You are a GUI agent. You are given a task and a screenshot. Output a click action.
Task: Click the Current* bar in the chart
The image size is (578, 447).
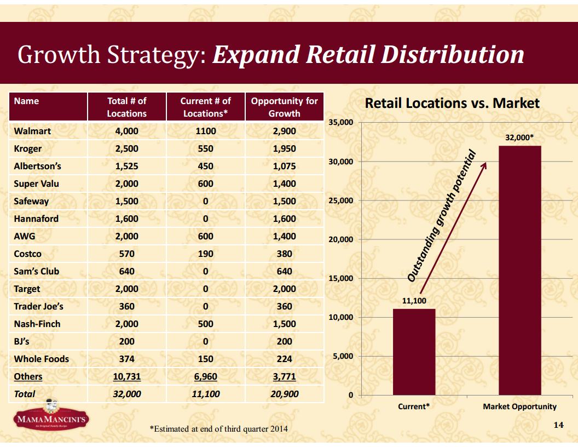414,352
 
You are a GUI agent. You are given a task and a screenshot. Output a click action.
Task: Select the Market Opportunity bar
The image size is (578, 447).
519,270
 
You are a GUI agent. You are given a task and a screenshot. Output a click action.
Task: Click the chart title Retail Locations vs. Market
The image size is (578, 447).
452,103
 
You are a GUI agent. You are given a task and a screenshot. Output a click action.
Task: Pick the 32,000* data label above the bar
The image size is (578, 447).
519,138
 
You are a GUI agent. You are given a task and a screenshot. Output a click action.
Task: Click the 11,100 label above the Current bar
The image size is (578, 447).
414,301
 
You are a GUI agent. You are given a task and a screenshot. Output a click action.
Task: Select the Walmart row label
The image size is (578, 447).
32,131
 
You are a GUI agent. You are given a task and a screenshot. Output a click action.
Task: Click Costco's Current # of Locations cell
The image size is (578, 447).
205,254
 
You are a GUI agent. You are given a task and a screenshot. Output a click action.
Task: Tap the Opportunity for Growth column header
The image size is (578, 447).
284,107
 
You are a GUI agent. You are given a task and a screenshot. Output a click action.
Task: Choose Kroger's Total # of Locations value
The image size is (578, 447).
126,148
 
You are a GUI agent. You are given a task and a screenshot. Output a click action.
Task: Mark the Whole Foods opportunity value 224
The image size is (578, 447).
284,359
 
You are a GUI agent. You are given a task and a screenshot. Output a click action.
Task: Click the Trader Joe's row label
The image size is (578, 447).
38,306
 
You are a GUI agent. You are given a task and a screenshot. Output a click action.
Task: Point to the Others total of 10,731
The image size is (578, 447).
126,376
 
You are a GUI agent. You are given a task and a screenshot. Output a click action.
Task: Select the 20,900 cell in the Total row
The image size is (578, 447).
284,394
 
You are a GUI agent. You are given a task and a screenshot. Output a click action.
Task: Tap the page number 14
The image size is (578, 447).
558,425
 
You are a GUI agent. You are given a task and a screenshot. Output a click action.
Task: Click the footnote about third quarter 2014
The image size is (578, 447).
218,428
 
